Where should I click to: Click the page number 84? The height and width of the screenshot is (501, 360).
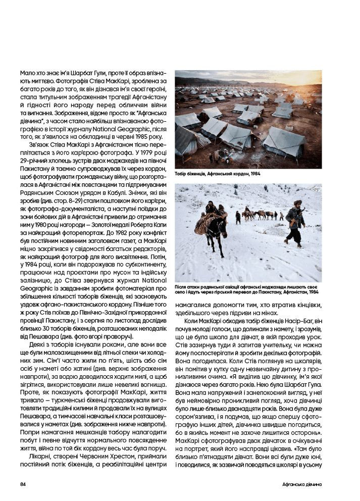pyautogui.click(x=23, y=484)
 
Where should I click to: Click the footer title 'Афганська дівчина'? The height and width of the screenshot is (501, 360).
pyautogui.click(x=302, y=484)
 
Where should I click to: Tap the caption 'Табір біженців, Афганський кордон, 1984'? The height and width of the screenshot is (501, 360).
pyautogui.click(x=214, y=174)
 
